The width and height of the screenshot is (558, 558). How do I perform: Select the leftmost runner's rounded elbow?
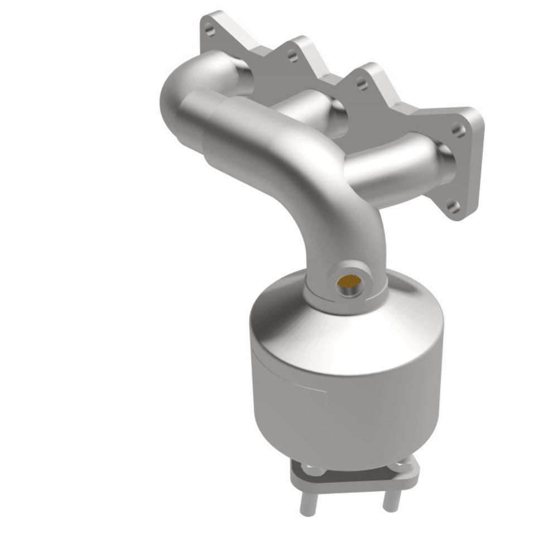(x=184, y=89)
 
